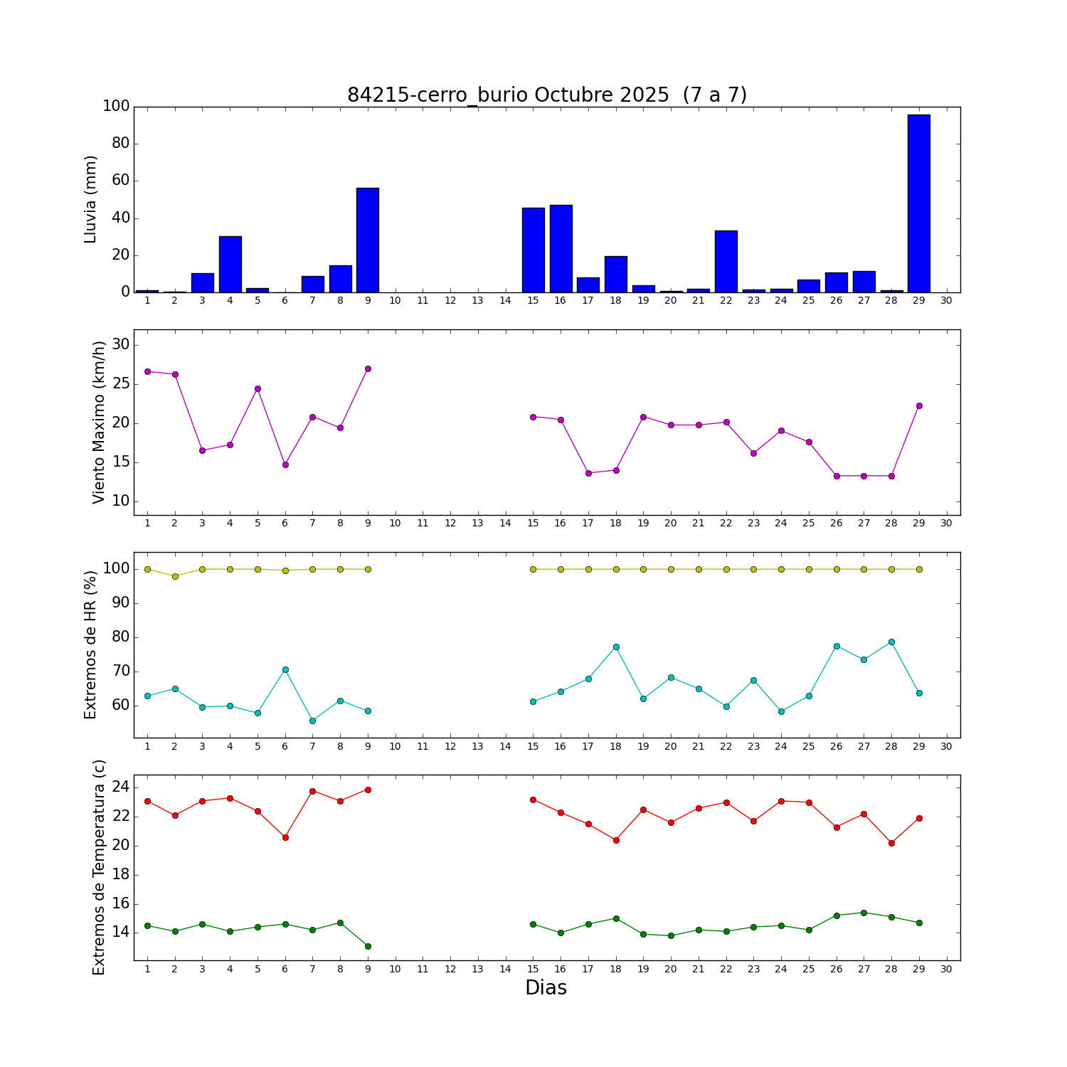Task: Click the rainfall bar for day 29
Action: point(918,203)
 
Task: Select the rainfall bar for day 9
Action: point(368,240)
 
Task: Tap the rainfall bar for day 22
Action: point(726,262)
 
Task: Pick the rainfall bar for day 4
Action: point(230,265)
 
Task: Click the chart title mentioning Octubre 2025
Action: point(546,95)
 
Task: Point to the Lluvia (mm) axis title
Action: point(90,199)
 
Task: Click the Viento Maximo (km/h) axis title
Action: point(99,422)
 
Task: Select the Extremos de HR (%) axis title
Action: point(90,644)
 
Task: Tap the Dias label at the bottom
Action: point(546,987)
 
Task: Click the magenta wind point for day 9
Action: point(368,368)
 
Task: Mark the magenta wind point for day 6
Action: point(285,465)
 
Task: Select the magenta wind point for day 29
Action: point(919,405)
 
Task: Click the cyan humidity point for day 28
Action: point(891,642)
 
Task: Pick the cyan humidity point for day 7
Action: point(312,721)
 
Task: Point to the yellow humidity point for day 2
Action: point(175,576)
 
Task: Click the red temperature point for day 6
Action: point(285,837)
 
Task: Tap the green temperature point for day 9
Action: point(368,946)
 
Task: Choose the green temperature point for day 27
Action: point(864,913)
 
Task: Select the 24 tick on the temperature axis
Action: point(120,787)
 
